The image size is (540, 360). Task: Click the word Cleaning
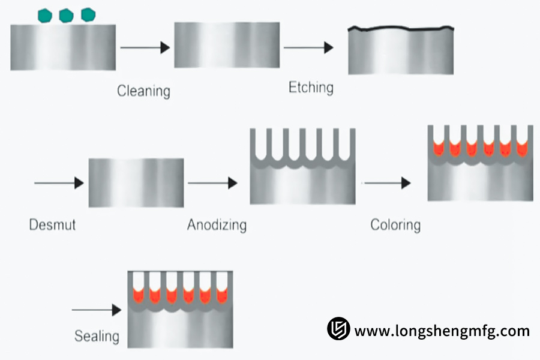click(143, 91)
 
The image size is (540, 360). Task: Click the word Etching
click(311, 88)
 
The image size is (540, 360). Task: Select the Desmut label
click(52, 226)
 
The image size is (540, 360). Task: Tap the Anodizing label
click(217, 226)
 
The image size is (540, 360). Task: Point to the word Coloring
click(395, 226)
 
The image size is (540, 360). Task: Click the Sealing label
click(97, 336)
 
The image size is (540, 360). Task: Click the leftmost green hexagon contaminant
click(44, 16)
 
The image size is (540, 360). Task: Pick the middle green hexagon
click(66, 16)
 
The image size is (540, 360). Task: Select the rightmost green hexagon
click(88, 14)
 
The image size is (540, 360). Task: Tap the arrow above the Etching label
click(308, 48)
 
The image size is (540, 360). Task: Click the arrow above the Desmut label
click(59, 183)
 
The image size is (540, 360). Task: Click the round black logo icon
click(338, 329)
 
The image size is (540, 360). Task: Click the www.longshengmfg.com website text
click(442, 331)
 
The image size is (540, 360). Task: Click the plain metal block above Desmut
click(136, 183)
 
